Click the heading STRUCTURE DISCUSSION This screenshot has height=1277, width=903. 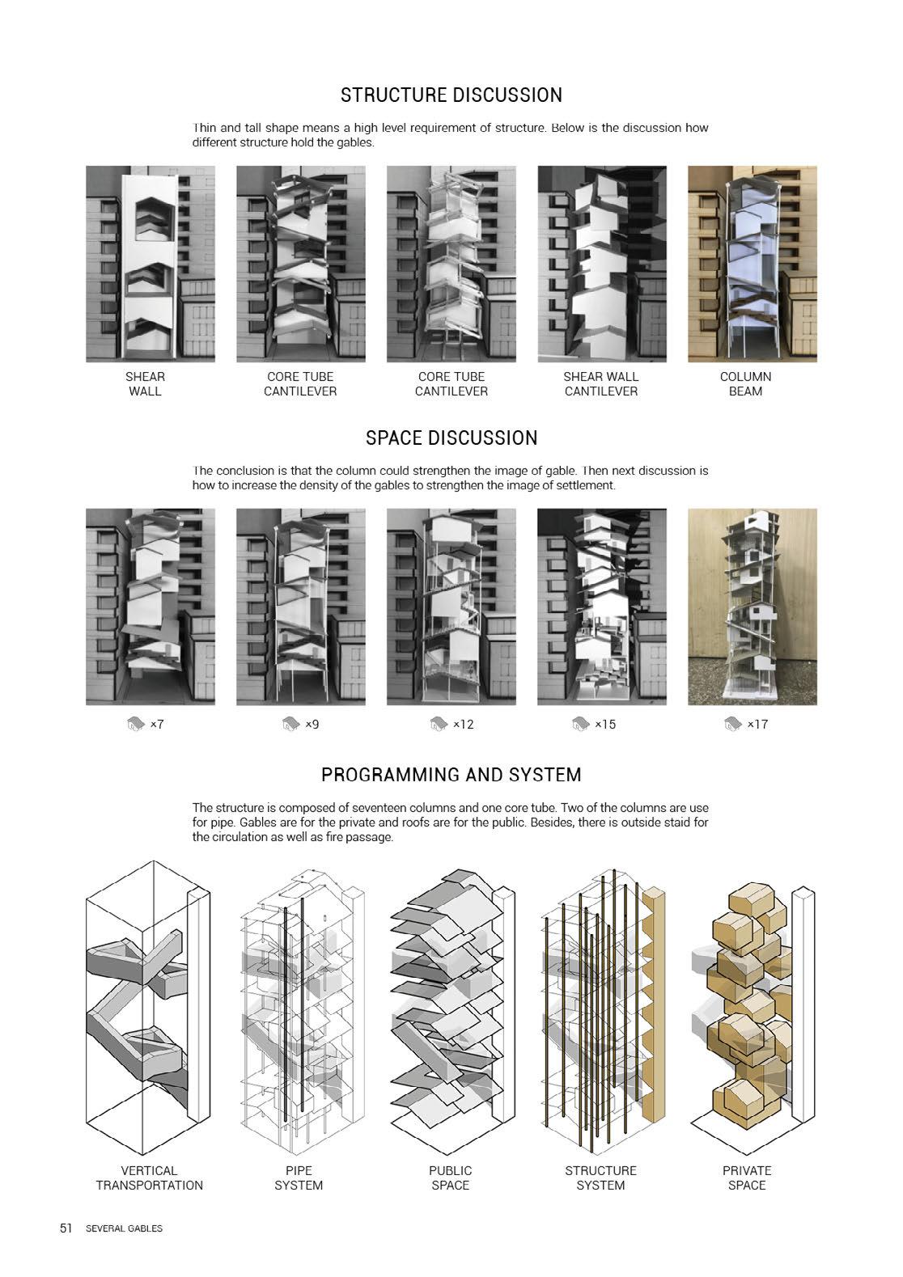(451, 95)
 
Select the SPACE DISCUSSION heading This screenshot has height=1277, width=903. (451, 438)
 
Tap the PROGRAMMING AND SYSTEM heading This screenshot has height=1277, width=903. (451, 775)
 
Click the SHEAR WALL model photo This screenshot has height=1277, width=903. (150, 264)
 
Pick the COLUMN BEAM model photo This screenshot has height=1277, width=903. (752, 264)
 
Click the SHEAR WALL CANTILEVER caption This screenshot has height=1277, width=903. (601, 384)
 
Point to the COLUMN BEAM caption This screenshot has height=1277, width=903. (745, 384)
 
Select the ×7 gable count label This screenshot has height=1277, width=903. (157, 725)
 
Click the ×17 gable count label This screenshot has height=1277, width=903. (757, 725)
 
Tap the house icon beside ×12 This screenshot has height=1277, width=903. (438, 724)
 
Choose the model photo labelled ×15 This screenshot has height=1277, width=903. (601, 607)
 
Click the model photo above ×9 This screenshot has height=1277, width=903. (300, 607)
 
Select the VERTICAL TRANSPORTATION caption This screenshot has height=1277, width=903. (150, 1178)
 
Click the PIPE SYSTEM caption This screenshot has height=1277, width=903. (299, 1178)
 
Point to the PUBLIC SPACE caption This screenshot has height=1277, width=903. (451, 1178)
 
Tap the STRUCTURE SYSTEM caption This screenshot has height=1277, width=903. (600, 1178)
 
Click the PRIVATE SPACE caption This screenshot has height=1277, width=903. (746, 1178)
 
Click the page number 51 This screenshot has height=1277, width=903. (66, 1228)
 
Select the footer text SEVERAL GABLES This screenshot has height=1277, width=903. (124, 1228)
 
